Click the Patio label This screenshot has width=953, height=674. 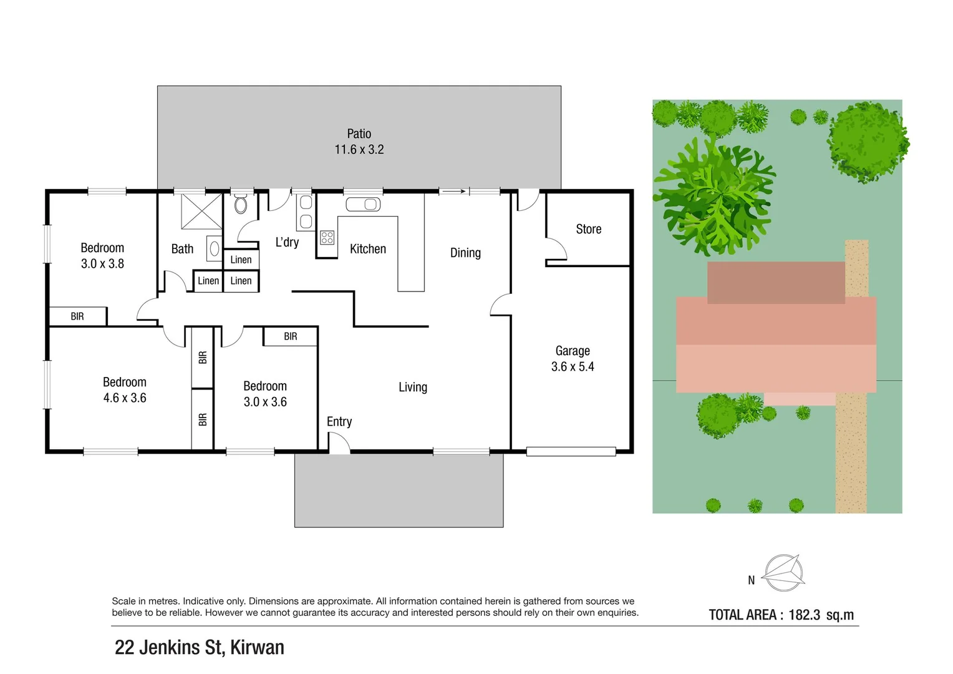[359, 134]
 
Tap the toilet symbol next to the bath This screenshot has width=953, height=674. [241, 204]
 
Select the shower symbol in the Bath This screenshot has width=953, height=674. [201, 212]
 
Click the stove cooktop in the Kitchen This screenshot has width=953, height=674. [327, 238]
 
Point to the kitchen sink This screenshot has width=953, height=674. [363, 204]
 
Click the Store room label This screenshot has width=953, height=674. [588, 229]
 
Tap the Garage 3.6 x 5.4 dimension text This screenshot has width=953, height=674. [573, 366]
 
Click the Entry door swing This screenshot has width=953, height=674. [339, 442]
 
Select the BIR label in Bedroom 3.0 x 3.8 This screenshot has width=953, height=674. [77, 316]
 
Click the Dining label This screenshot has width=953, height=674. [465, 253]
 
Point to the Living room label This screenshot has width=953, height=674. [413, 387]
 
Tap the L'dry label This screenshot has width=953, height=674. [287, 242]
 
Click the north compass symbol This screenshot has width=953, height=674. [783, 573]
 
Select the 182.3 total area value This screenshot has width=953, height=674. [804, 615]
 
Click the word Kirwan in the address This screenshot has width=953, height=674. [257, 647]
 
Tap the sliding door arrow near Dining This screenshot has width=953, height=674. [454, 192]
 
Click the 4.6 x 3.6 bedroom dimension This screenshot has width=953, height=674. [125, 398]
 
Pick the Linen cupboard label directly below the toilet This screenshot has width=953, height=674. [241, 260]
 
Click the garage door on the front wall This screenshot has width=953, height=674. [571, 451]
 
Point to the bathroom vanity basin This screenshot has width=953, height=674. [215, 248]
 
